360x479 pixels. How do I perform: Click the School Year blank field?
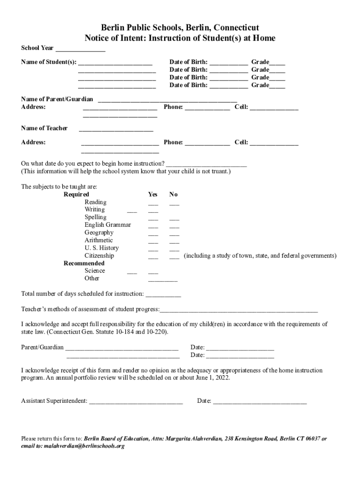pos(80,49)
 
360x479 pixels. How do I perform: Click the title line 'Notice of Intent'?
pos(180,38)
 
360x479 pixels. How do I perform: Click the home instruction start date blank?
pos(206,164)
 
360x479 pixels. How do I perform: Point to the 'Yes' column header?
pos(153,195)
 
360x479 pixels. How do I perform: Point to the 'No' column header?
pos(173,195)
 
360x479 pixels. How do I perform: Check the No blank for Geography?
pos(174,233)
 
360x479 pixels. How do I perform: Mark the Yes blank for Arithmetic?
pos(153,241)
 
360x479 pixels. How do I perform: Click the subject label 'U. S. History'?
pos(101,248)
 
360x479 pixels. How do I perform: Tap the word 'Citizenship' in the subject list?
pos(99,256)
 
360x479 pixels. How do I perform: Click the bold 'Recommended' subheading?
pos(84,263)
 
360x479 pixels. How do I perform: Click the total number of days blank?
pos(163,295)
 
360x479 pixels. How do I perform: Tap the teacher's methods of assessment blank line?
pos(238,310)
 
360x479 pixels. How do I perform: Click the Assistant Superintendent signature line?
pos(136,402)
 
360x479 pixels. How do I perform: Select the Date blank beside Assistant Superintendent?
pos(260,402)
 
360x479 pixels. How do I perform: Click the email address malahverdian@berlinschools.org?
pos(84,446)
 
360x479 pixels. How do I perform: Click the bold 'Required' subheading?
pos(76,195)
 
